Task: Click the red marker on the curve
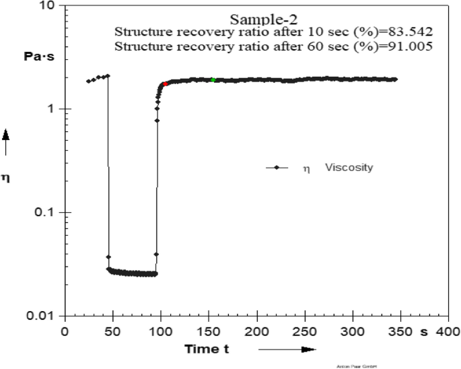[x=165, y=84]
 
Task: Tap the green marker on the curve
[x=213, y=80]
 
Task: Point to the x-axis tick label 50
[x=112, y=332]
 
